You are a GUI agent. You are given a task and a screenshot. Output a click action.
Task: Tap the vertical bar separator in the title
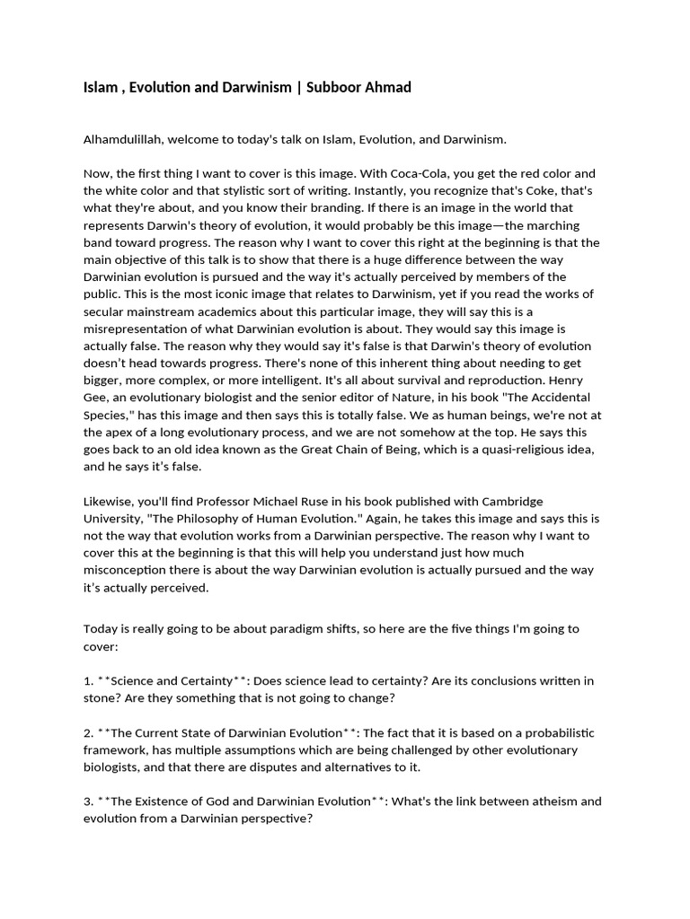[x=300, y=87]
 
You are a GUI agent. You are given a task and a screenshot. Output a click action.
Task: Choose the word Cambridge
[x=506, y=501]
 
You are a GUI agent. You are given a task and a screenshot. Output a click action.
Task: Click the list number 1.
[x=88, y=681]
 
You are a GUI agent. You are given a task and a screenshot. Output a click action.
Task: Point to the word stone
[x=101, y=698]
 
